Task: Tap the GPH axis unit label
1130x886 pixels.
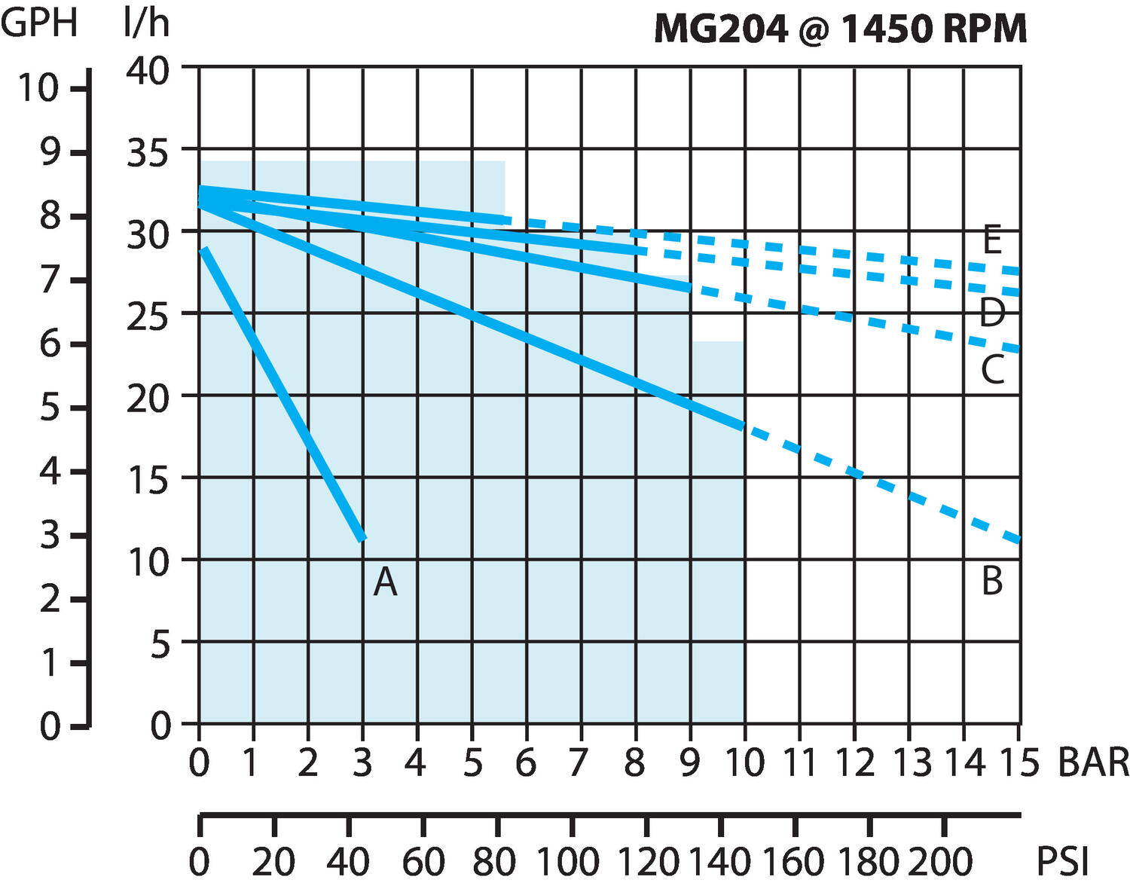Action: click(x=39, y=23)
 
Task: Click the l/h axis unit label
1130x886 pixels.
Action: click(x=146, y=23)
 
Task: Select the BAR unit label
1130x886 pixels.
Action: click(x=1093, y=762)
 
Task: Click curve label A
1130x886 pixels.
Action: click(x=385, y=582)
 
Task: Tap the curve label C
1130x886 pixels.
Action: click(x=992, y=369)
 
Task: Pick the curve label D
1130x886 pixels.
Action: click(x=992, y=312)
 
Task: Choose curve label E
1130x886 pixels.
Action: click(x=992, y=240)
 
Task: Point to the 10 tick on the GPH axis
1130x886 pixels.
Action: click(x=38, y=88)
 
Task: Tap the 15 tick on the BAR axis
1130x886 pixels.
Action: click(x=1019, y=762)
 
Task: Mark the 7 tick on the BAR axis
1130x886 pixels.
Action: click(x=579, y=762)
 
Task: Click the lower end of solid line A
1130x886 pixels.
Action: click(x=362, y=538)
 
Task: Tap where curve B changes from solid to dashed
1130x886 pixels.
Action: click(x=744, y=426)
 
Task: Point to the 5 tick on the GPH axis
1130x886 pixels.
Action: click(x=49, y=408)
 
